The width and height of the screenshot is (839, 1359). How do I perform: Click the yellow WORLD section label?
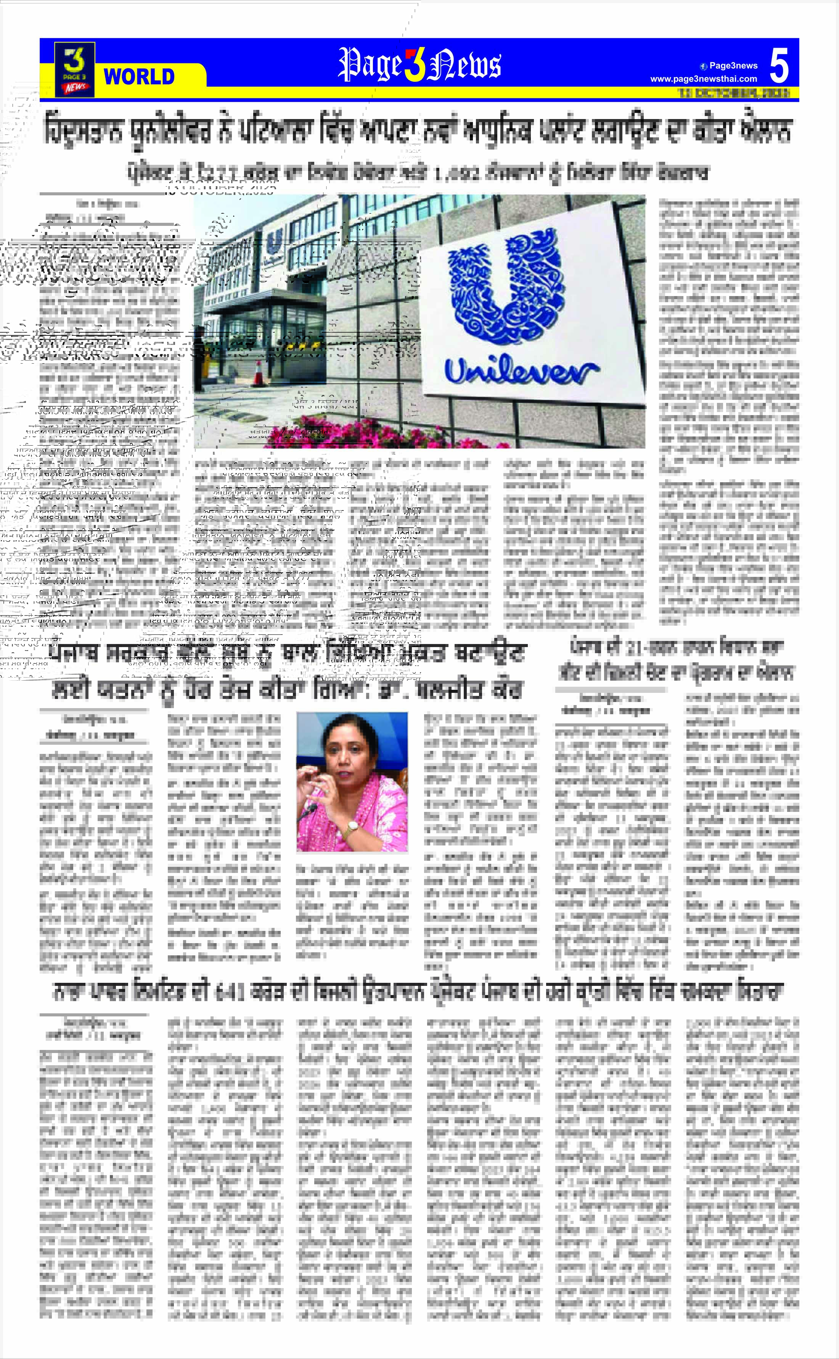[139, 76]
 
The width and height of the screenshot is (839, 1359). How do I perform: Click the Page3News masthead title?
[419, 64]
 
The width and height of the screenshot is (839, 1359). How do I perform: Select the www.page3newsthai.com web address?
[703, 79]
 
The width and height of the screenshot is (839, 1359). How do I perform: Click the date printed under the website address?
[733, 93]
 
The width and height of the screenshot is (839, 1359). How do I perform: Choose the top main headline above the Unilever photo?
[417, 131]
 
